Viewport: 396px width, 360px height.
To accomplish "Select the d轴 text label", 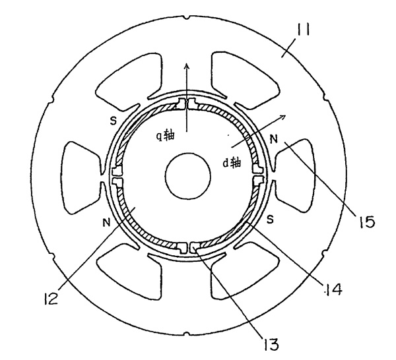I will [232, 161].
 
